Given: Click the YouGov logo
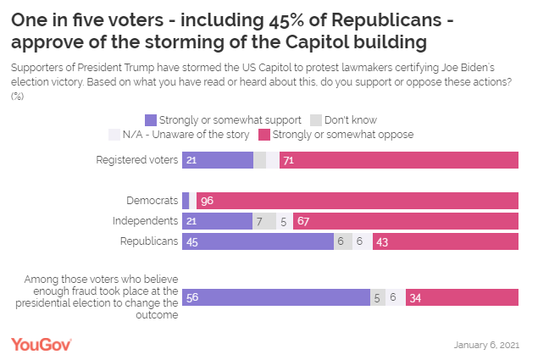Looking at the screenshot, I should click(x=41, y=344).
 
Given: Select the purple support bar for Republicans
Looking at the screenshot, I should click(x=258, y=241).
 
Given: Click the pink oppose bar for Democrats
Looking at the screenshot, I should click(x=357, y=201).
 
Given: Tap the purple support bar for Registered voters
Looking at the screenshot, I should click(x=218, y=160).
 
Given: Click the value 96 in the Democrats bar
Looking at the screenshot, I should click(x=208, y=201).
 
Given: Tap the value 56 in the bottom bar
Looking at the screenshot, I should click(x=192, y=297).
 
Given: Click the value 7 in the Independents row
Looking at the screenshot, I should click(x=259, y=221).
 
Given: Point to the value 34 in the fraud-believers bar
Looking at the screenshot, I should click(x=415, y=297).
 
